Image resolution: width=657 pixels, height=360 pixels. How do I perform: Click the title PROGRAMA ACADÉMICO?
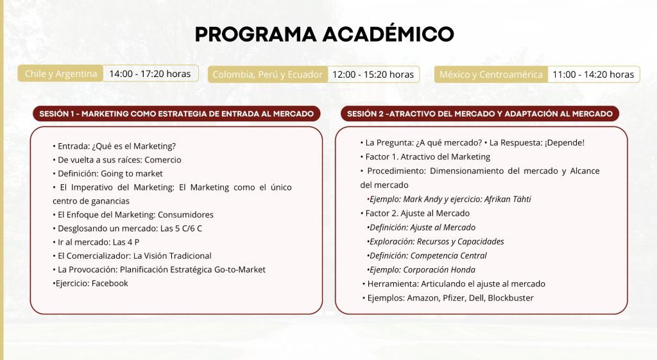[x=324, y=34]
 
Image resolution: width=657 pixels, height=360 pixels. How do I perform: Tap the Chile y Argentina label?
[x=61, y=74]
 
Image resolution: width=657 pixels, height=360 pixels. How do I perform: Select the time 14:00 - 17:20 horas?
[x=150, y=74]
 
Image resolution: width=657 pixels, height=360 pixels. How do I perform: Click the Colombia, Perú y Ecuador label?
[x=268, y=74]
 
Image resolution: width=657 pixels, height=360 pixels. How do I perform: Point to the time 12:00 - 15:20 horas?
[x=373, y=74]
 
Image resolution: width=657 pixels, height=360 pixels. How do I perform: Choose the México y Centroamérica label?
[x=491, y=74]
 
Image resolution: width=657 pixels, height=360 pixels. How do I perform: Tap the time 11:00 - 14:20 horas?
[x=593, y=74]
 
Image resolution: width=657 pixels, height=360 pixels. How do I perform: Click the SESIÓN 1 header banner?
[x=176, y=114]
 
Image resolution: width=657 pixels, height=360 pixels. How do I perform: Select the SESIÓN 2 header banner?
[x=480, y=114]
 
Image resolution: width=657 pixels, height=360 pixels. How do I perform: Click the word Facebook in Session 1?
[x=110, y=283]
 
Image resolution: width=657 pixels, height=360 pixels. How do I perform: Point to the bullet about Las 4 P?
[x=96, y=242]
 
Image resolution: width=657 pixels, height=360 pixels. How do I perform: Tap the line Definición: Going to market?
[x=108, y=173]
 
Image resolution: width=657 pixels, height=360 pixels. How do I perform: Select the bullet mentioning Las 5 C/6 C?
[x=128, y=228]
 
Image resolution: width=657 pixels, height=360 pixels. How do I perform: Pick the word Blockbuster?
[x=511, y=298]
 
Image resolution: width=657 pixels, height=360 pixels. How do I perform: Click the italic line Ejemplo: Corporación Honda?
[x=421, y=270]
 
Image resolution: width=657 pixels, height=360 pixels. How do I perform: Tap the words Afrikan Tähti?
[x=508, y=199]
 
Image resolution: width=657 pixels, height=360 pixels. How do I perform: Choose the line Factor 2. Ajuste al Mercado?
[x=415, y=213]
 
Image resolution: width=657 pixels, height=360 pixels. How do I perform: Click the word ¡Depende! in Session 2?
[x=565, y=143]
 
